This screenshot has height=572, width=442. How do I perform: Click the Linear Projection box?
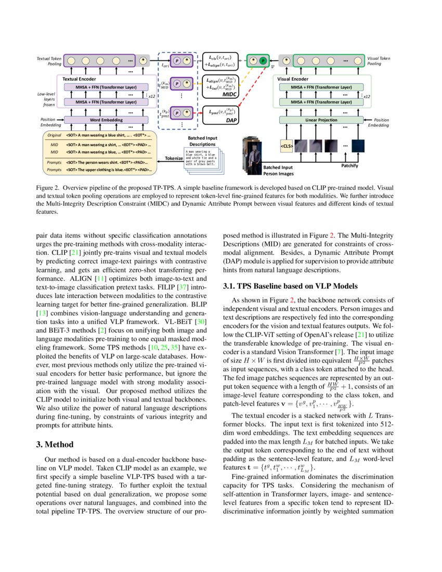coord(321,120)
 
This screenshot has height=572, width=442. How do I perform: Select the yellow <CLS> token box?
coord(287,147)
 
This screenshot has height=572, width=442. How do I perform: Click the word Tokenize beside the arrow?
coord(169,157)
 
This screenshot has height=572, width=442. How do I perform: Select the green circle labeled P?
coord(263,60)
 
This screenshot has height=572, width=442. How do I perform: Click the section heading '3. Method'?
coord(55,445)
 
